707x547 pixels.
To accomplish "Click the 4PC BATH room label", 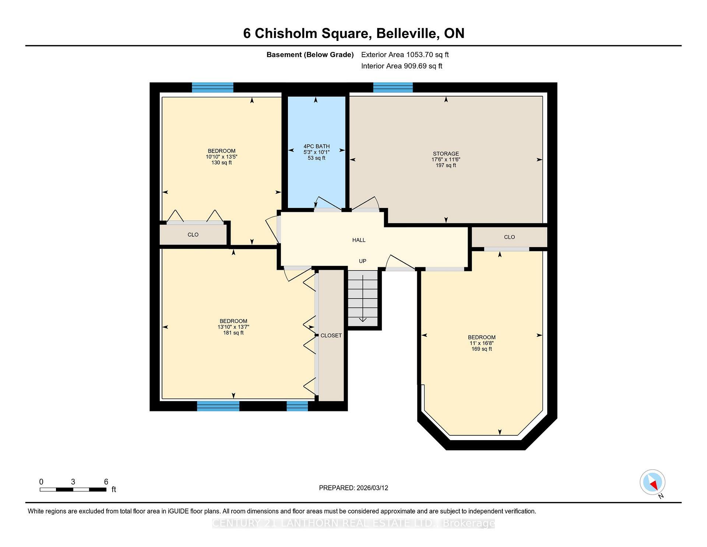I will pos(316,146).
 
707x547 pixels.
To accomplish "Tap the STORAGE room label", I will pos(446,154).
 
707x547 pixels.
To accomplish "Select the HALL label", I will pos(359,240).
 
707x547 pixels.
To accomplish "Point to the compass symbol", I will pos(652,482).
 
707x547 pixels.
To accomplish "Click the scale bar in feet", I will pos(73,489).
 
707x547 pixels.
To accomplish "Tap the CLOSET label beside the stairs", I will pos(331,336).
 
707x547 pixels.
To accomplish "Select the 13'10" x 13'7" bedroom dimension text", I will pos(233,327).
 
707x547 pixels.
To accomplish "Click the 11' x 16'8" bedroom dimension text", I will pos(482,343).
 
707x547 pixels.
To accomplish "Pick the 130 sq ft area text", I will pos(221,163).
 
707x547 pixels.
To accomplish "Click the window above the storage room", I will pos(393,88).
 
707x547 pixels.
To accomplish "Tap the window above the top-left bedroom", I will pos(212,88).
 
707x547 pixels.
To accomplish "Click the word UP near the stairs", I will pos(362,261).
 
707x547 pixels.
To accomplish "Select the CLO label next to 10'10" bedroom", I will pos(193,235).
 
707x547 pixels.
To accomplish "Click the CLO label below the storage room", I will pos(509,237).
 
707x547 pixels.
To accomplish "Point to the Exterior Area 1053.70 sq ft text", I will pos(405,55).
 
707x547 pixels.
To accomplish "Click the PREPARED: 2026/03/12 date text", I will pos(353,488).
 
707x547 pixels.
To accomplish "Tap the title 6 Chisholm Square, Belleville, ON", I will pos(353,34).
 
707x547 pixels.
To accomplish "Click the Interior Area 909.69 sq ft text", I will pos(401,66).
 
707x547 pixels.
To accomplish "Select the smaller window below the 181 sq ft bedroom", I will pos(297,406).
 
